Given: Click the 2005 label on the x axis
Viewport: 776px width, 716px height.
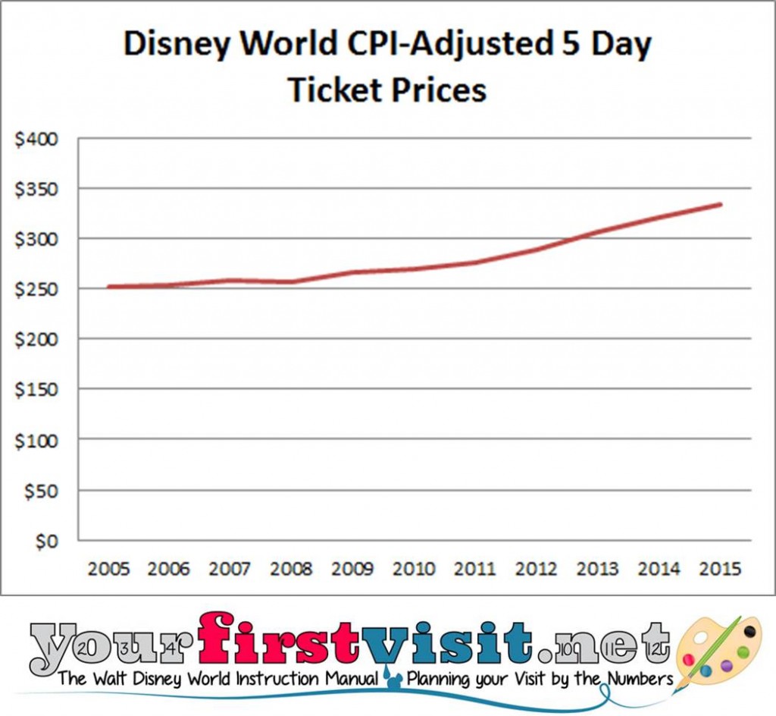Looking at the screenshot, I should pyautogui.click(x=107, y=569).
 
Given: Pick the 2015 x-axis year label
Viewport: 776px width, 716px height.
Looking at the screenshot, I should pyautogui.click(x=720, y=569).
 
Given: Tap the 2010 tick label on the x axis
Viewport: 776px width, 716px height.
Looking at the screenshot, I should pyautogui.click(x=414, y=569).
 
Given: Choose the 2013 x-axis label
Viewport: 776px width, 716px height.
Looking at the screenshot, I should pyautogui.click(x=598, y=569).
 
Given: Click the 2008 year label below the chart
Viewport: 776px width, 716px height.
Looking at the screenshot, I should pyautogui.click(x=291, y=569).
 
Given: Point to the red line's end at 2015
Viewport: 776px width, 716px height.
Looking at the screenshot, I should pyautogui.click(x=721, y=204).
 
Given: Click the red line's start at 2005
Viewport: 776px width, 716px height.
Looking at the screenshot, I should pyautogui.click(x=108, y=287).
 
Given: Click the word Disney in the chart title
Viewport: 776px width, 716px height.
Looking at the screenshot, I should pyautogui.click(x=179, y=46).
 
